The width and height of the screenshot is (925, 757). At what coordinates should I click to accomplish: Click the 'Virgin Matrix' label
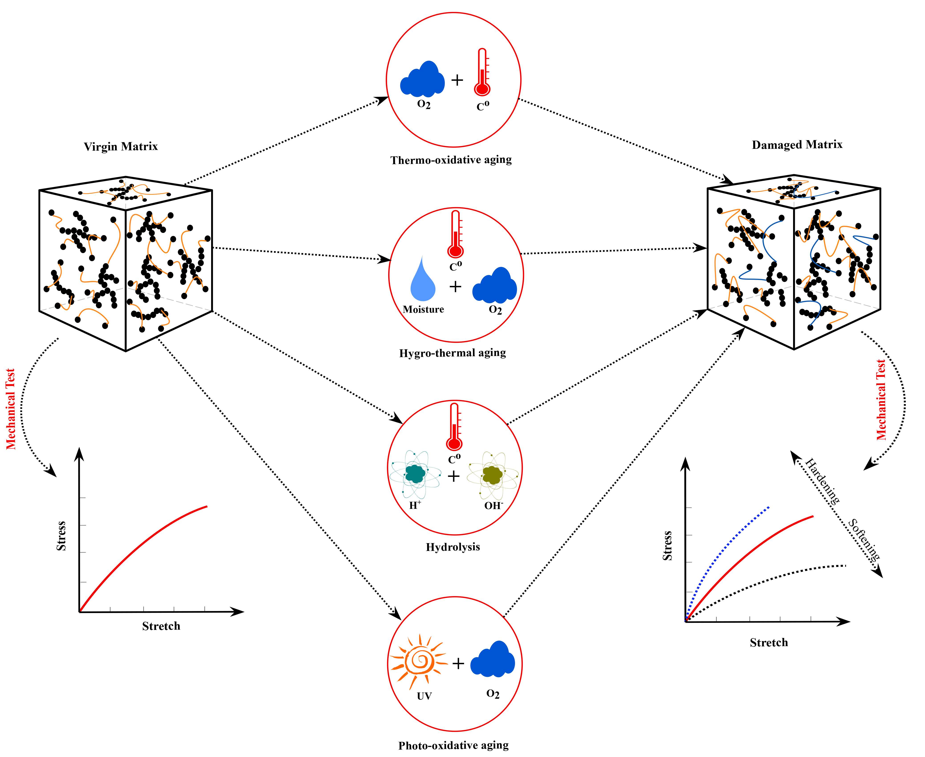121,146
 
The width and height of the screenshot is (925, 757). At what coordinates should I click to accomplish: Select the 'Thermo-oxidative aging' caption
451,160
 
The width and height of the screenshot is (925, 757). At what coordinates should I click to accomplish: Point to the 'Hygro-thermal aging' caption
452,353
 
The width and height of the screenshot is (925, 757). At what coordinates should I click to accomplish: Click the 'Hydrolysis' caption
453,547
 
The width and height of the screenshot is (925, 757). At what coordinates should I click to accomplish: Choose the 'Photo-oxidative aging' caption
453,745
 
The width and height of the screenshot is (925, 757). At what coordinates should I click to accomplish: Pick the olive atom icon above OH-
493,474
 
